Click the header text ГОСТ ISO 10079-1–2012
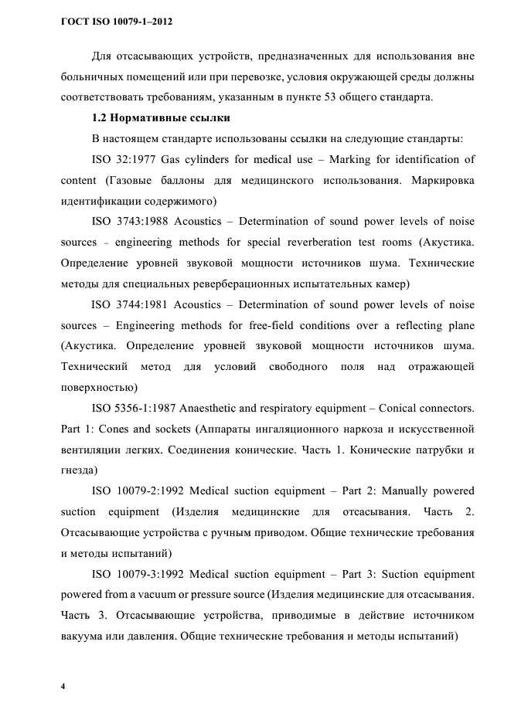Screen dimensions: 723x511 click(x=115, y=22)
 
